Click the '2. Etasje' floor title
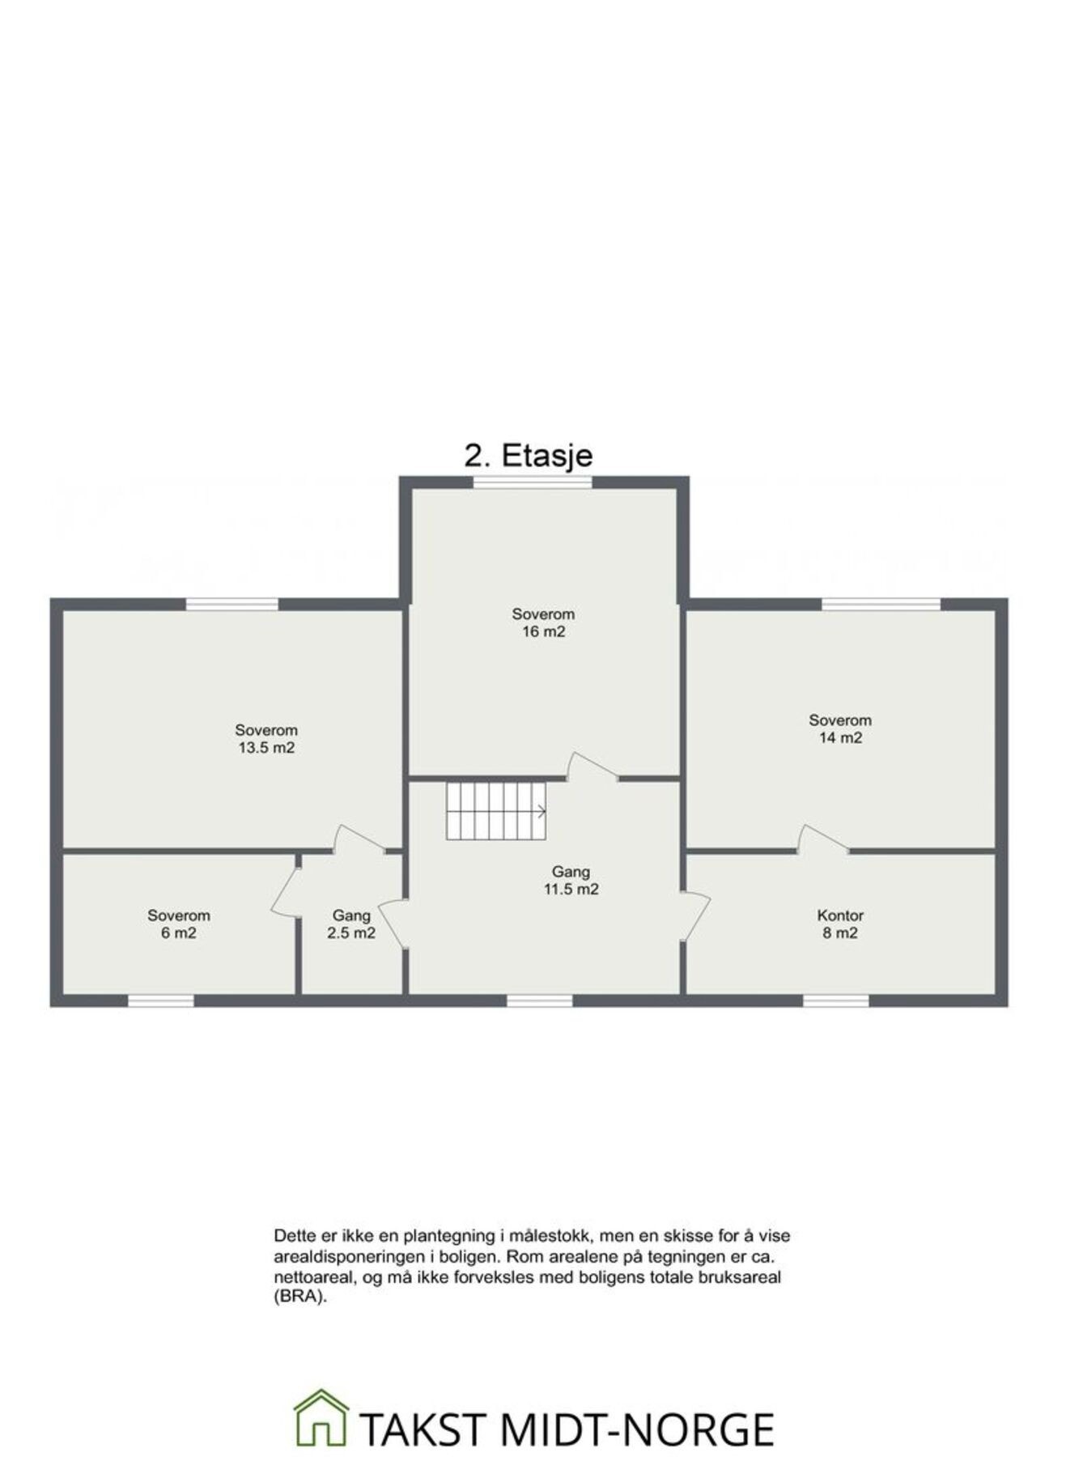(528, 455)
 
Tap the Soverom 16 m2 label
(542, 622)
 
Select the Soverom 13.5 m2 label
(266, 739)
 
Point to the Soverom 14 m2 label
(839, 728)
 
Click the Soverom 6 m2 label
(178, 924)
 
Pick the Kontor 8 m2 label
(839, 924)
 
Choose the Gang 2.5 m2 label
(350, 924)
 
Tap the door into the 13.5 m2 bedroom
(359, 839)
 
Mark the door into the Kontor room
(696, 915)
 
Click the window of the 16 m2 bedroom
(533, 482)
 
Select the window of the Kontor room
(835, 1001)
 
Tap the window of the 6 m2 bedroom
(161, 1001)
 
